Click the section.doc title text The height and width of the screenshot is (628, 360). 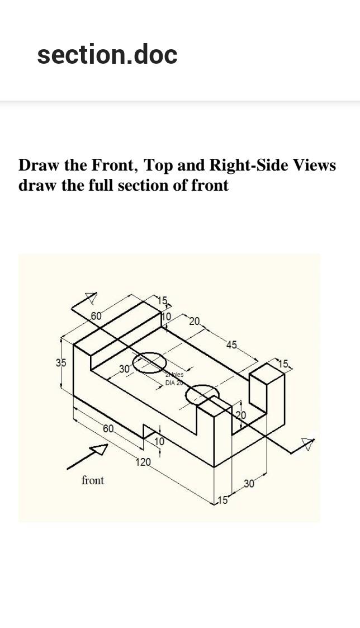[x=107, y=55]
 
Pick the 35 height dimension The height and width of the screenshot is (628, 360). [x=60, y=362]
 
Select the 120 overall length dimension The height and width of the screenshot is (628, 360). [x=143, y=462]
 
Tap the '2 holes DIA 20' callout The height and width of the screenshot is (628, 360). [x=174, y=379]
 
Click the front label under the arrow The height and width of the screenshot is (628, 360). [x=93, y=480]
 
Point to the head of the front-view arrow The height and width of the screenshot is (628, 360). [x=101, y=448]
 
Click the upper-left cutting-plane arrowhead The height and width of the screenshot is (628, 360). [x=91, y=297]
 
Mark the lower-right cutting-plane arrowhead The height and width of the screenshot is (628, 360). [x=307, y=444]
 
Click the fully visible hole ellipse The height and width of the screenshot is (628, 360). [x=149, y=363]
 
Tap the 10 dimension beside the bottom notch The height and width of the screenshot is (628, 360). [x=159, y=441]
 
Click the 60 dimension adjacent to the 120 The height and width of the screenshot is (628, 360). [x=108, y=429]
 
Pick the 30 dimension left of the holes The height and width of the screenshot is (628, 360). [x=124, y=369]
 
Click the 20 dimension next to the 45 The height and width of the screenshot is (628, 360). [x=195, y=321]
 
